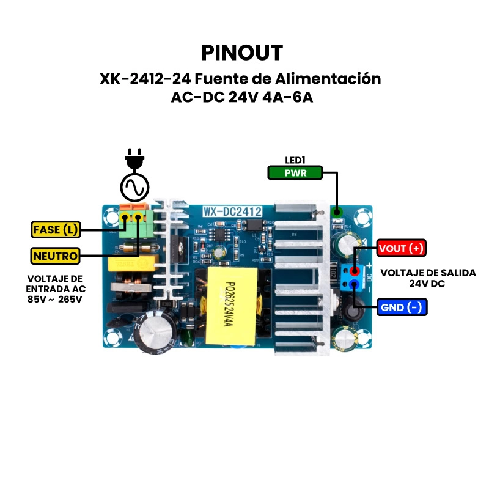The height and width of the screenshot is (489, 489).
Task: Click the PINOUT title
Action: [x=242, y=53]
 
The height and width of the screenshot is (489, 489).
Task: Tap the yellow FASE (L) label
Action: [x=55, y=230]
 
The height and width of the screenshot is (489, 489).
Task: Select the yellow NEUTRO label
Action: [x=55, y=256]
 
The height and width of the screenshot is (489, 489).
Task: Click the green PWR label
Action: [x=296, y=173]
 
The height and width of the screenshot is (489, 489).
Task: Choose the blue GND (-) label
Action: [x=402, y=307]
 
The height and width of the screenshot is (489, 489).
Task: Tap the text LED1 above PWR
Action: [x=295, y=160]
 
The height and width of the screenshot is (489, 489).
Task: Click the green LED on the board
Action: [x=336, y=213]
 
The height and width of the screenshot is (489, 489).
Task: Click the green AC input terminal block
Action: [x=134, y=223]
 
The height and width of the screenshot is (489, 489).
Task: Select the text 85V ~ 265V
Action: [x=55, y=300]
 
